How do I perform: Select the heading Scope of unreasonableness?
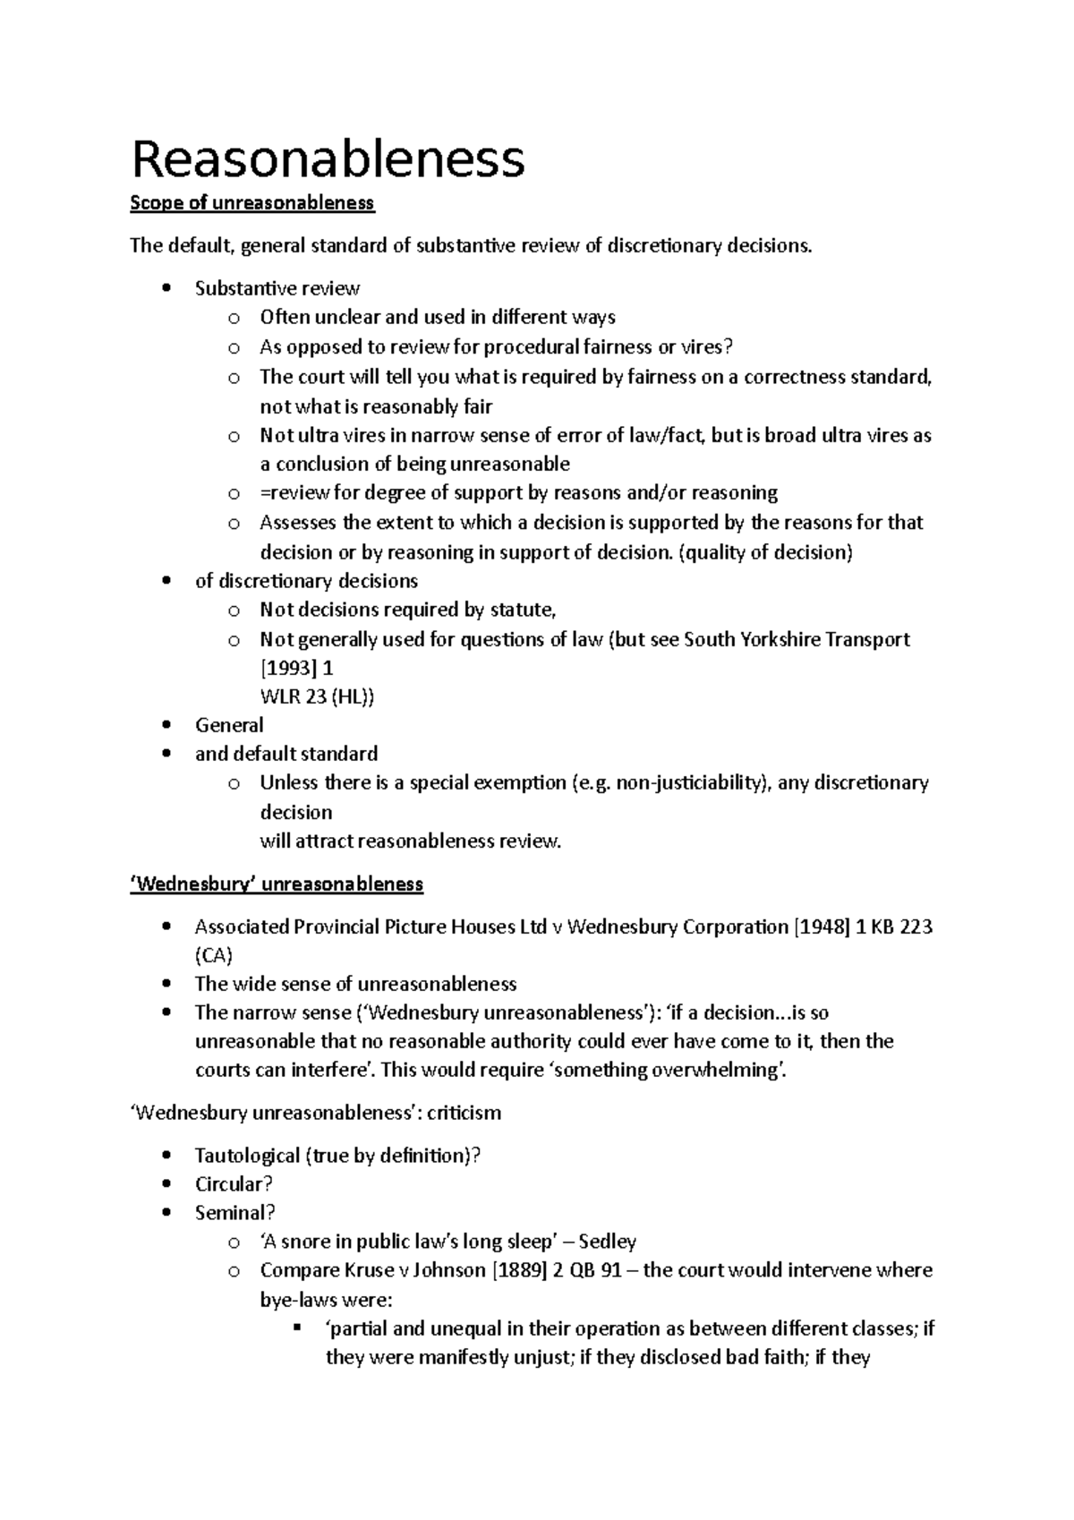[x=252, y=203]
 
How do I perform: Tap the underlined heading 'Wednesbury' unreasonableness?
[x=277, y=884]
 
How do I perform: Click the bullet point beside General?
[x=166, y=726]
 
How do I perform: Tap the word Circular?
[x=234, y=1184]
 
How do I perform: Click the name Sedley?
[x=608, y=1242]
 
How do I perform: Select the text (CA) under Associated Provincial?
[x=214, y=955]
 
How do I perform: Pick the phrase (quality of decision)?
[x=767, y=552]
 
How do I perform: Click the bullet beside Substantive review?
[x=166, y=289]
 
